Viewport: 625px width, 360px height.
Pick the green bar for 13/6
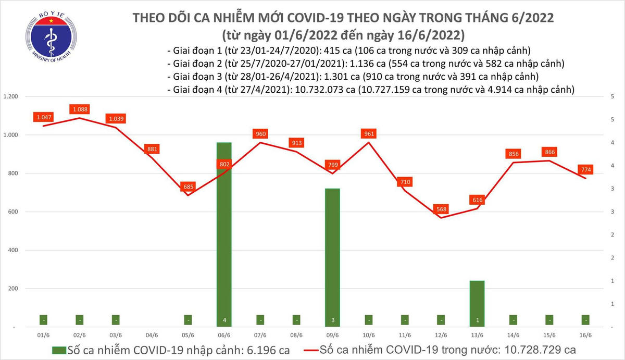pos(477,304)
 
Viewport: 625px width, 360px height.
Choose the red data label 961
pos(369,134)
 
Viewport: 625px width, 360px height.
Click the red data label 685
pos(187,187)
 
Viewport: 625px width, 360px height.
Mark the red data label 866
pos(549,152)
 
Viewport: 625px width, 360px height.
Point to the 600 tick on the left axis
pos(13,212)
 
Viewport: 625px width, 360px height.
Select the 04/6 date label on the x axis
pos(152,336)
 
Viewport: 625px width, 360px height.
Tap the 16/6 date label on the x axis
pos(585,336)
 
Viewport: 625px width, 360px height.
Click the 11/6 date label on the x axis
pos(405,336)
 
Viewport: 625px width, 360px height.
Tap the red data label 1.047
pos(44,118)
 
